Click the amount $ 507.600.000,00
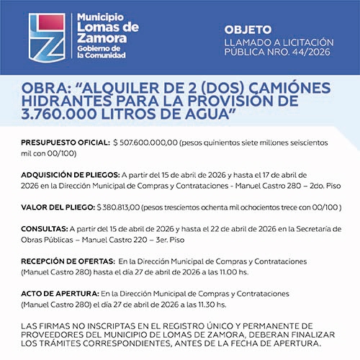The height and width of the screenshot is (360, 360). coord(145,143)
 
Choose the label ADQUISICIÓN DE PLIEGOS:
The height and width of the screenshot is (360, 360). coord(71,174)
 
